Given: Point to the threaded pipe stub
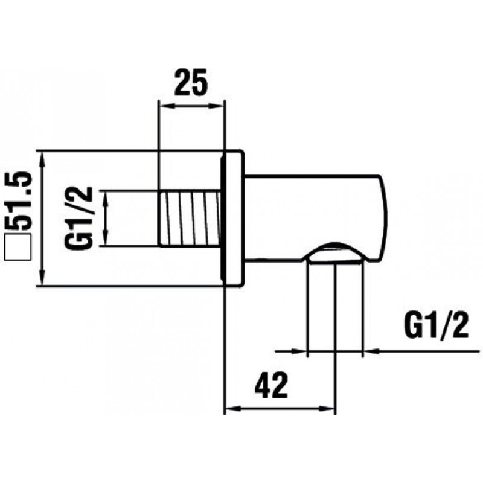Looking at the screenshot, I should coord(188,218).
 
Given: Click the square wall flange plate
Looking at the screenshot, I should coord(233,218).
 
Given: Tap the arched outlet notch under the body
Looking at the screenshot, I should coord(334,251).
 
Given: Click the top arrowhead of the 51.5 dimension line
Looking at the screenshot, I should coord(42,158).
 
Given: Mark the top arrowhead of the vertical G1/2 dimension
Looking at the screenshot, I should coord(106,197).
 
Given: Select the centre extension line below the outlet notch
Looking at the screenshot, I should coord(335,314).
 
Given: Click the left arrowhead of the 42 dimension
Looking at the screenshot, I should coord(232,408).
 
